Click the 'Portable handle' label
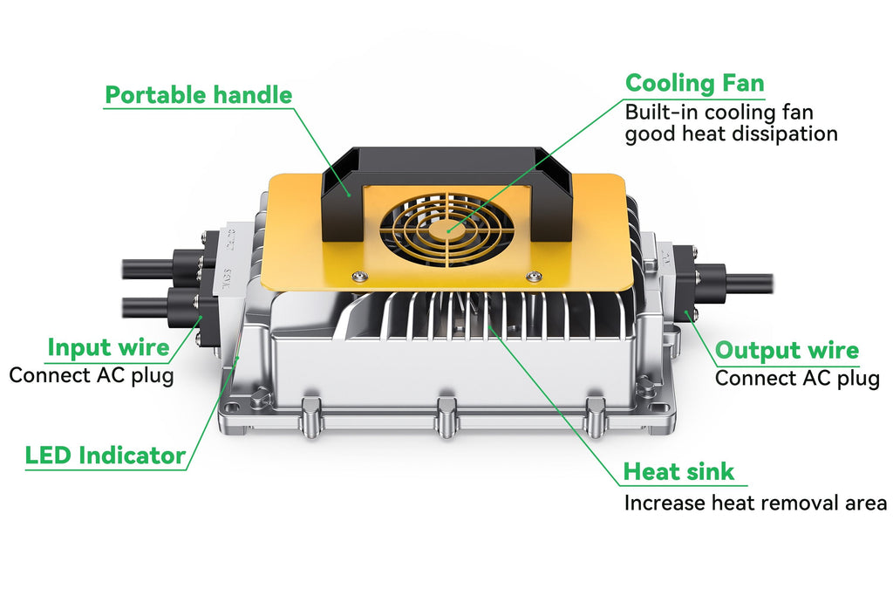(x=199, y=95)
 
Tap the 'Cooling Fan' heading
(x=694, y=83)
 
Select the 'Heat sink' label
(x=678, y=472)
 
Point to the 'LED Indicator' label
(x=106, y=456)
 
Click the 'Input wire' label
(x=108, y=347)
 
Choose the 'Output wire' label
(x=787, y=350)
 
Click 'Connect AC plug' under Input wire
(x=91, y=376)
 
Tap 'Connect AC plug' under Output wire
(x=797, y=379)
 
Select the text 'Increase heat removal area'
(x=755, y=504)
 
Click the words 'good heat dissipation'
(x=732, y=134)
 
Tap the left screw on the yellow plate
(x=358, y=276)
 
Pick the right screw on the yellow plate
(x=533, y=277)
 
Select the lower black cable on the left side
(x=146, y=307)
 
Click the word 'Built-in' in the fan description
(x=662, y=113)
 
